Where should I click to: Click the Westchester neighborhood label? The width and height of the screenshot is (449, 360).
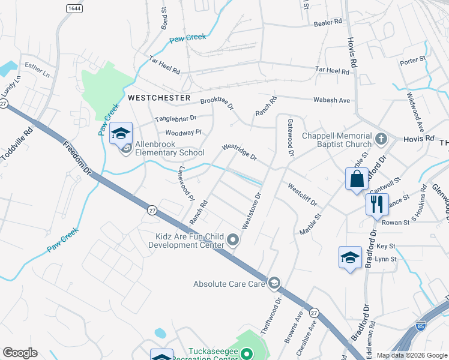point(159,97)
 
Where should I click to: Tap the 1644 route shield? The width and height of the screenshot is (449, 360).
point(74,8)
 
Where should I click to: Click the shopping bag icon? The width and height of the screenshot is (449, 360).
point(357,179)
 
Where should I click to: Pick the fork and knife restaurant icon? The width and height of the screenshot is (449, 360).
point(376,204)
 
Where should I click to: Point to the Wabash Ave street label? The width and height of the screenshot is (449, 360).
point(334,100)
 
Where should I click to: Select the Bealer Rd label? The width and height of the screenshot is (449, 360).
point(328,22)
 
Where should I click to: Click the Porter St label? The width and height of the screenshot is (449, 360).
point(412,60)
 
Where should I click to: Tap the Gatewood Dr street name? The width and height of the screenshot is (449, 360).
point(290,137)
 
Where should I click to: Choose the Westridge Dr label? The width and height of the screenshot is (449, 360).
point(239,152)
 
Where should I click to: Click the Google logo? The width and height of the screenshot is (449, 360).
point(20,353)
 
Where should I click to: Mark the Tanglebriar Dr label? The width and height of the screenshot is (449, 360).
point(176,119)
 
